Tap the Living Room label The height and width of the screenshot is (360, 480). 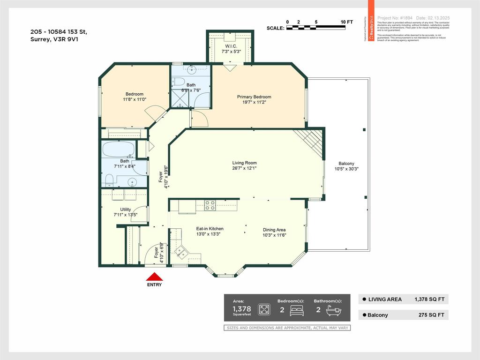click(x=244, y=163)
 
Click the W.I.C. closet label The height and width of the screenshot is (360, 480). click(x=231, y=46)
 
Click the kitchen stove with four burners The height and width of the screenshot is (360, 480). click(x=210, y=205)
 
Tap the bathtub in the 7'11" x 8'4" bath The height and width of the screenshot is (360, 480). click(x=119, y=150)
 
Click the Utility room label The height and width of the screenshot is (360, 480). click(x=126, y=210)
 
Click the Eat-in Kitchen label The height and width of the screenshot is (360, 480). click(x=210, y=229)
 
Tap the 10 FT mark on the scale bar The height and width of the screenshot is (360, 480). click(x=346, y=22)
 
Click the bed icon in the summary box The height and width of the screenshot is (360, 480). click(x=297, y=310)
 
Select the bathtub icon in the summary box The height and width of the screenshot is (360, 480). click(x=334, y=310)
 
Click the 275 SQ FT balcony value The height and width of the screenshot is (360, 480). click(x=428, y=315)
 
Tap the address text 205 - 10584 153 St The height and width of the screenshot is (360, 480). click(x=59, y=32)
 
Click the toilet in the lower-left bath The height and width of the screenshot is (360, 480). click(x=109, y=180)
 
